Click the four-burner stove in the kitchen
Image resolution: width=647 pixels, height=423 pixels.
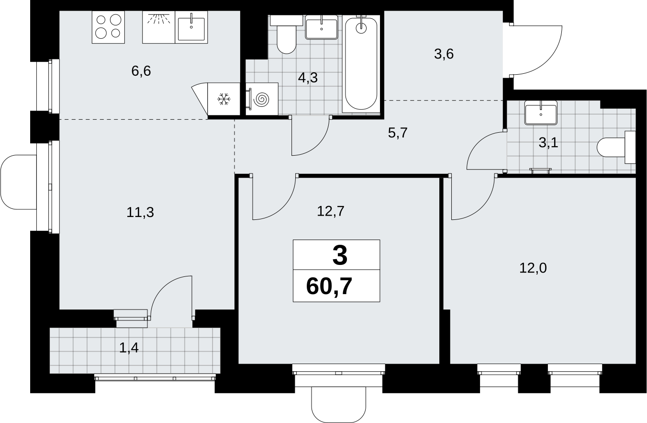coord(108,27)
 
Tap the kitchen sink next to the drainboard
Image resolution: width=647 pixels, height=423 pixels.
coord(191,27)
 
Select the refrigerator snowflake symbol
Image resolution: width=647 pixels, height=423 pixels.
coord(224,99)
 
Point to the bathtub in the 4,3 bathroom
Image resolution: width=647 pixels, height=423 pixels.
coord(361,64)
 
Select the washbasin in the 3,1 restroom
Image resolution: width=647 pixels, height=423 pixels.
coord(541,113)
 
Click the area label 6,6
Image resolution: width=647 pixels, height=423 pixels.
coord(141,71)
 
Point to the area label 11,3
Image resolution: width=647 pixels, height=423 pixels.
coord(140,213)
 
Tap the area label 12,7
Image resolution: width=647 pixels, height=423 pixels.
coord(330,211)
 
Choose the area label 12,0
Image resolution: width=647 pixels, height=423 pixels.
coord(533,268)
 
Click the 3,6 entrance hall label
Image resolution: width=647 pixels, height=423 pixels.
coord(444,54)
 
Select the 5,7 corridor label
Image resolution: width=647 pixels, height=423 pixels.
coord(398,133)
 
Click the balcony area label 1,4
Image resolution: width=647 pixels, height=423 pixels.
coord(129,348)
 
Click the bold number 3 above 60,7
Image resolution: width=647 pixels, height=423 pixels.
coord(340,256)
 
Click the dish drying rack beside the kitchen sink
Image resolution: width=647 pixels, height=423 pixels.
coord(158,27)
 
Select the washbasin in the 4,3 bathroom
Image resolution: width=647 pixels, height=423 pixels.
coord(322,27)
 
